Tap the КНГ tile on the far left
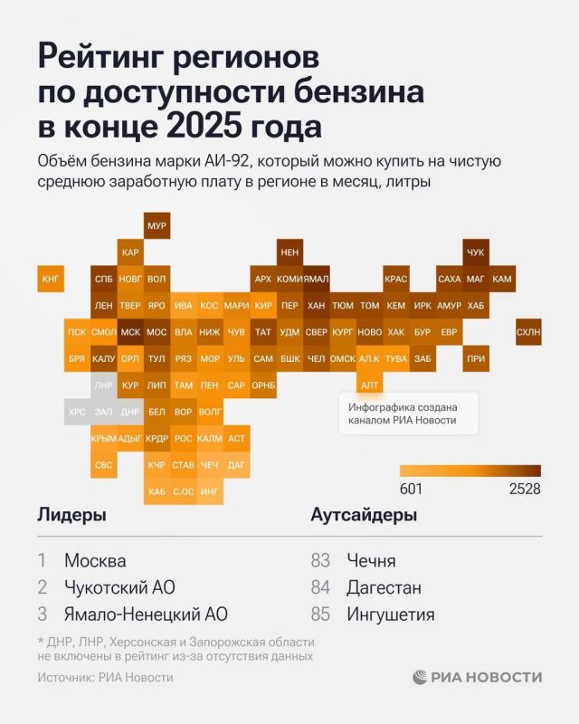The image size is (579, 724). pos(51,279)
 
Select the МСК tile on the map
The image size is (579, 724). pos(130,332)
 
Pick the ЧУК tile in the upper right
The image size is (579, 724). pos(476,252)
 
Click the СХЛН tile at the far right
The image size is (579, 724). pos(528,332)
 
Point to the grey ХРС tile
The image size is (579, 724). pos(77,412)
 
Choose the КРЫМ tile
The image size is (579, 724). pos(103,438)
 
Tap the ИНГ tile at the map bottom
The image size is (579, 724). pos(210,491)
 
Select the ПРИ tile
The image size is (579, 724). pos(476,358)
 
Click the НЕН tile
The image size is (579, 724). pos(289,252)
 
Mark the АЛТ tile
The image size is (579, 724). pos(369,386)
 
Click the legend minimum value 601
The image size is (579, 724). pos(412,489)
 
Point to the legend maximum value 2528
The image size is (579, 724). pos(525,489)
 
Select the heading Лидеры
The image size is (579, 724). pos(71,515)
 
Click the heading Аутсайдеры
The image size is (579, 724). pos(364,515)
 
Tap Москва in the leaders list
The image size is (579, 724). pos(95,560)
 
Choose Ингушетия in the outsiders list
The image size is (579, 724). pos(390,614)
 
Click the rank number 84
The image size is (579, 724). pos(320,587)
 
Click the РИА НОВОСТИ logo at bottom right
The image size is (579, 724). pos(477,677)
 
